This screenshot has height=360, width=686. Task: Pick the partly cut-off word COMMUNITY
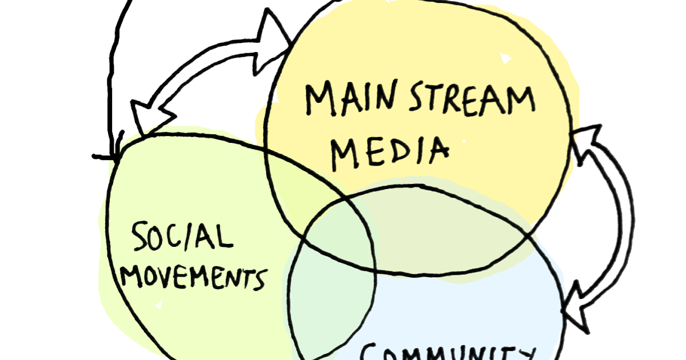pyautogui.click(x=445, y=350)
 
